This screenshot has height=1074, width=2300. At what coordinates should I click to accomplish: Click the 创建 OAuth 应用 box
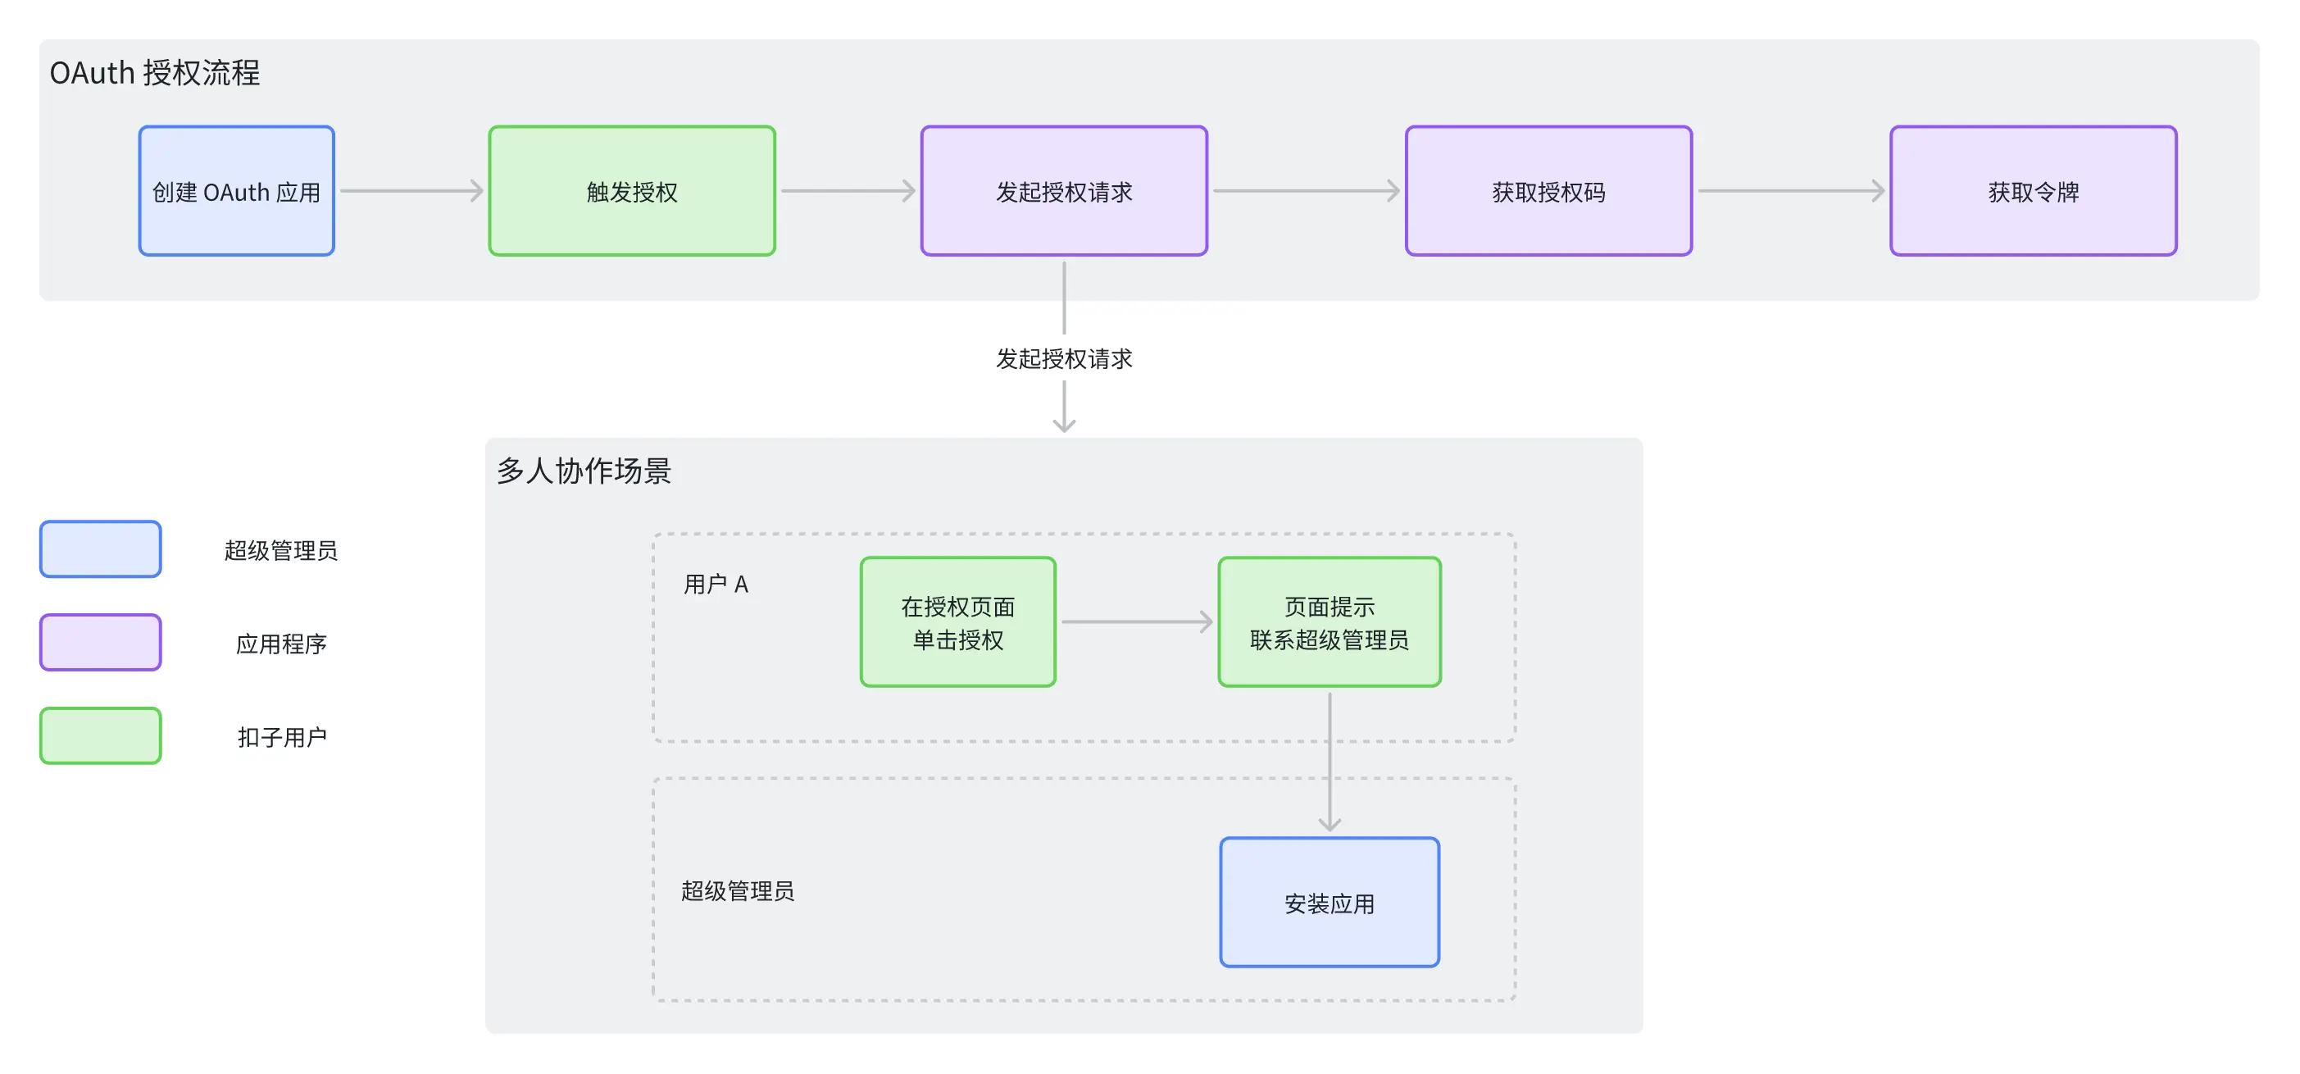point(237,191)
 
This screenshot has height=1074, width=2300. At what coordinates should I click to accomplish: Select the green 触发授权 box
point(632,191)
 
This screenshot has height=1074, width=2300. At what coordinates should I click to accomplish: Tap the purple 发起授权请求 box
point(1064,191)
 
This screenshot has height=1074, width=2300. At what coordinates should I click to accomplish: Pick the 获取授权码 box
point(1549,191)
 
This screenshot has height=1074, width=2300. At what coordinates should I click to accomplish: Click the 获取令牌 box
point(2034,191)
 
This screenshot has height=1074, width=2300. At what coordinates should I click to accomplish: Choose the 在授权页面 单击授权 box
point(958,622)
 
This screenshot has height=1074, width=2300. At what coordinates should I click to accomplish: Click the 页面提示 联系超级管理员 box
point(1330,622)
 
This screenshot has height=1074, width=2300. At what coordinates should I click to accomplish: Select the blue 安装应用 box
point(1330,903)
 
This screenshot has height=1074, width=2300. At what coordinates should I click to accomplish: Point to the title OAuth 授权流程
point(154,72)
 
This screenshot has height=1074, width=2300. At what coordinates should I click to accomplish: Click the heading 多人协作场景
point(584,471)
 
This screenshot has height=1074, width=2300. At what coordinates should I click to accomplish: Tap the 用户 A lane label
point(716,584)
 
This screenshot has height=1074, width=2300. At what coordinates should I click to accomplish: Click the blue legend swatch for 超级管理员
point(101,549)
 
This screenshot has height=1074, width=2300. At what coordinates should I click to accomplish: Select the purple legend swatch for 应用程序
point(101,643)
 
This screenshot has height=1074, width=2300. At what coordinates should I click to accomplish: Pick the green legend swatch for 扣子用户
point(101,735)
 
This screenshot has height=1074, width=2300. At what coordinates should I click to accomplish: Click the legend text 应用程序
point(281,644)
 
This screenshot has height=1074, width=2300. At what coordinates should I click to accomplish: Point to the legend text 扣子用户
point(282,737)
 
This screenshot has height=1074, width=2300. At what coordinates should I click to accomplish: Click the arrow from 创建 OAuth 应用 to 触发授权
point(411,191)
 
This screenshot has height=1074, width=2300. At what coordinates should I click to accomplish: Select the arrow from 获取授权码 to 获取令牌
point(1791,191)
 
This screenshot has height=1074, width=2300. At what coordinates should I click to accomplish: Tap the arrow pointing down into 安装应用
point(1330,762)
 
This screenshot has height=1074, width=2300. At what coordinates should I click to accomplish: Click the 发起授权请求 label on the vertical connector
point(1064,359)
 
